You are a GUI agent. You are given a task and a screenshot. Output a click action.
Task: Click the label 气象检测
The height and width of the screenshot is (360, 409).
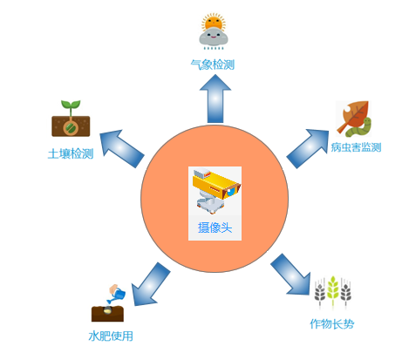click(213, 65)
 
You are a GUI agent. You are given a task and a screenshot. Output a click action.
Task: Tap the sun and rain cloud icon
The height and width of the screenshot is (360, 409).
click(214, 31)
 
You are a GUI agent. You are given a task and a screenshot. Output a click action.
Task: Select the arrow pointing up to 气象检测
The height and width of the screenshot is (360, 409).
click(215, 98)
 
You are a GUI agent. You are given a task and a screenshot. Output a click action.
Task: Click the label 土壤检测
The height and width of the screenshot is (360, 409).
click(71, 153)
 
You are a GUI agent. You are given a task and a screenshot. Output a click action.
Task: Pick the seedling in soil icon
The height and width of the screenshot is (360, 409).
click(71, 119)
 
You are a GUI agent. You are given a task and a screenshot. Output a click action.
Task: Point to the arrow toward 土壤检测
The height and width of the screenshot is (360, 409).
click(121, 147)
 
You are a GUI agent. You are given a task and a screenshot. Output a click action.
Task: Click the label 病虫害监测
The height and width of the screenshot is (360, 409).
click(356, 147)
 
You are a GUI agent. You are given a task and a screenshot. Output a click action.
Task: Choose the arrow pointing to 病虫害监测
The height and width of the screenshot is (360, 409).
click(308, 148)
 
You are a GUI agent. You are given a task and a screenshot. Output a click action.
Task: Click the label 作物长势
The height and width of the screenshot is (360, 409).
click(332, 323)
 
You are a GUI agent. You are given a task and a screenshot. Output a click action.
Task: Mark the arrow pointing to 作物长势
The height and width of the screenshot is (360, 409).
click(290, 275)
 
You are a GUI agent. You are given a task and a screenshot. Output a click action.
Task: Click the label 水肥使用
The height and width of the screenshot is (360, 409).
click(111, 336)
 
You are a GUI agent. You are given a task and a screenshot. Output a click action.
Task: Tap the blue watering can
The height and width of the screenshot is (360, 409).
click(118, 295)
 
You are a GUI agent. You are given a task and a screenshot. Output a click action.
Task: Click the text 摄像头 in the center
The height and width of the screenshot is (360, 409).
click(215, 228)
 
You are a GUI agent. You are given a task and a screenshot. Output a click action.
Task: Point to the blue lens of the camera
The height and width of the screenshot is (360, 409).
click(231, 192)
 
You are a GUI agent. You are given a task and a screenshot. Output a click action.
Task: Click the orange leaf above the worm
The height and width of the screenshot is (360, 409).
click(353, 115)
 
